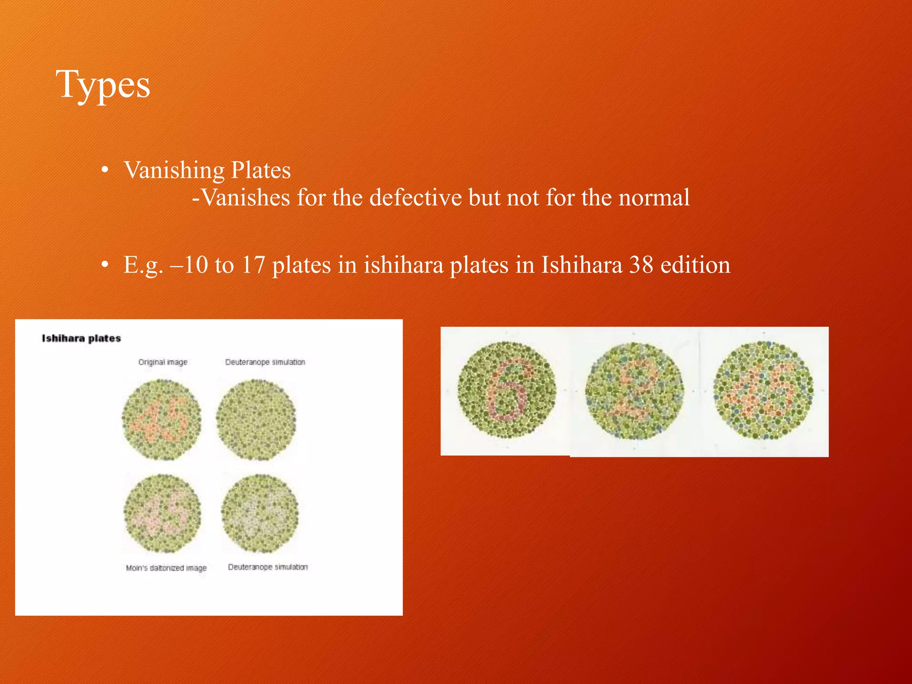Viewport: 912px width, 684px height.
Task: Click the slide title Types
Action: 103,85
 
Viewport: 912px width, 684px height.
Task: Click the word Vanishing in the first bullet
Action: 174,170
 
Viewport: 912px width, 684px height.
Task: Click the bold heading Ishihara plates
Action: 81,338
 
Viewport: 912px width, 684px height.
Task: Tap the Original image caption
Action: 163,362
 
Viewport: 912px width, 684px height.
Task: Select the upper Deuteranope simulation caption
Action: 265,362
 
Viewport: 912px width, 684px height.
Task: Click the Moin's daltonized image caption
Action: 166,568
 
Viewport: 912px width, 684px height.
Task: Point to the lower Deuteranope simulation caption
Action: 268,567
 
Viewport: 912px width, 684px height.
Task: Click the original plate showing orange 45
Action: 162,419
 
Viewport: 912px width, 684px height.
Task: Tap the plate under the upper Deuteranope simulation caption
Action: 256,419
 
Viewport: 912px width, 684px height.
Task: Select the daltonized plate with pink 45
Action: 162,513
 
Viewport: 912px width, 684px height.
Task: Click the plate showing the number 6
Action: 507,390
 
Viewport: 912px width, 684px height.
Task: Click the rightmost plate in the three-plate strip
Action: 763,390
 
